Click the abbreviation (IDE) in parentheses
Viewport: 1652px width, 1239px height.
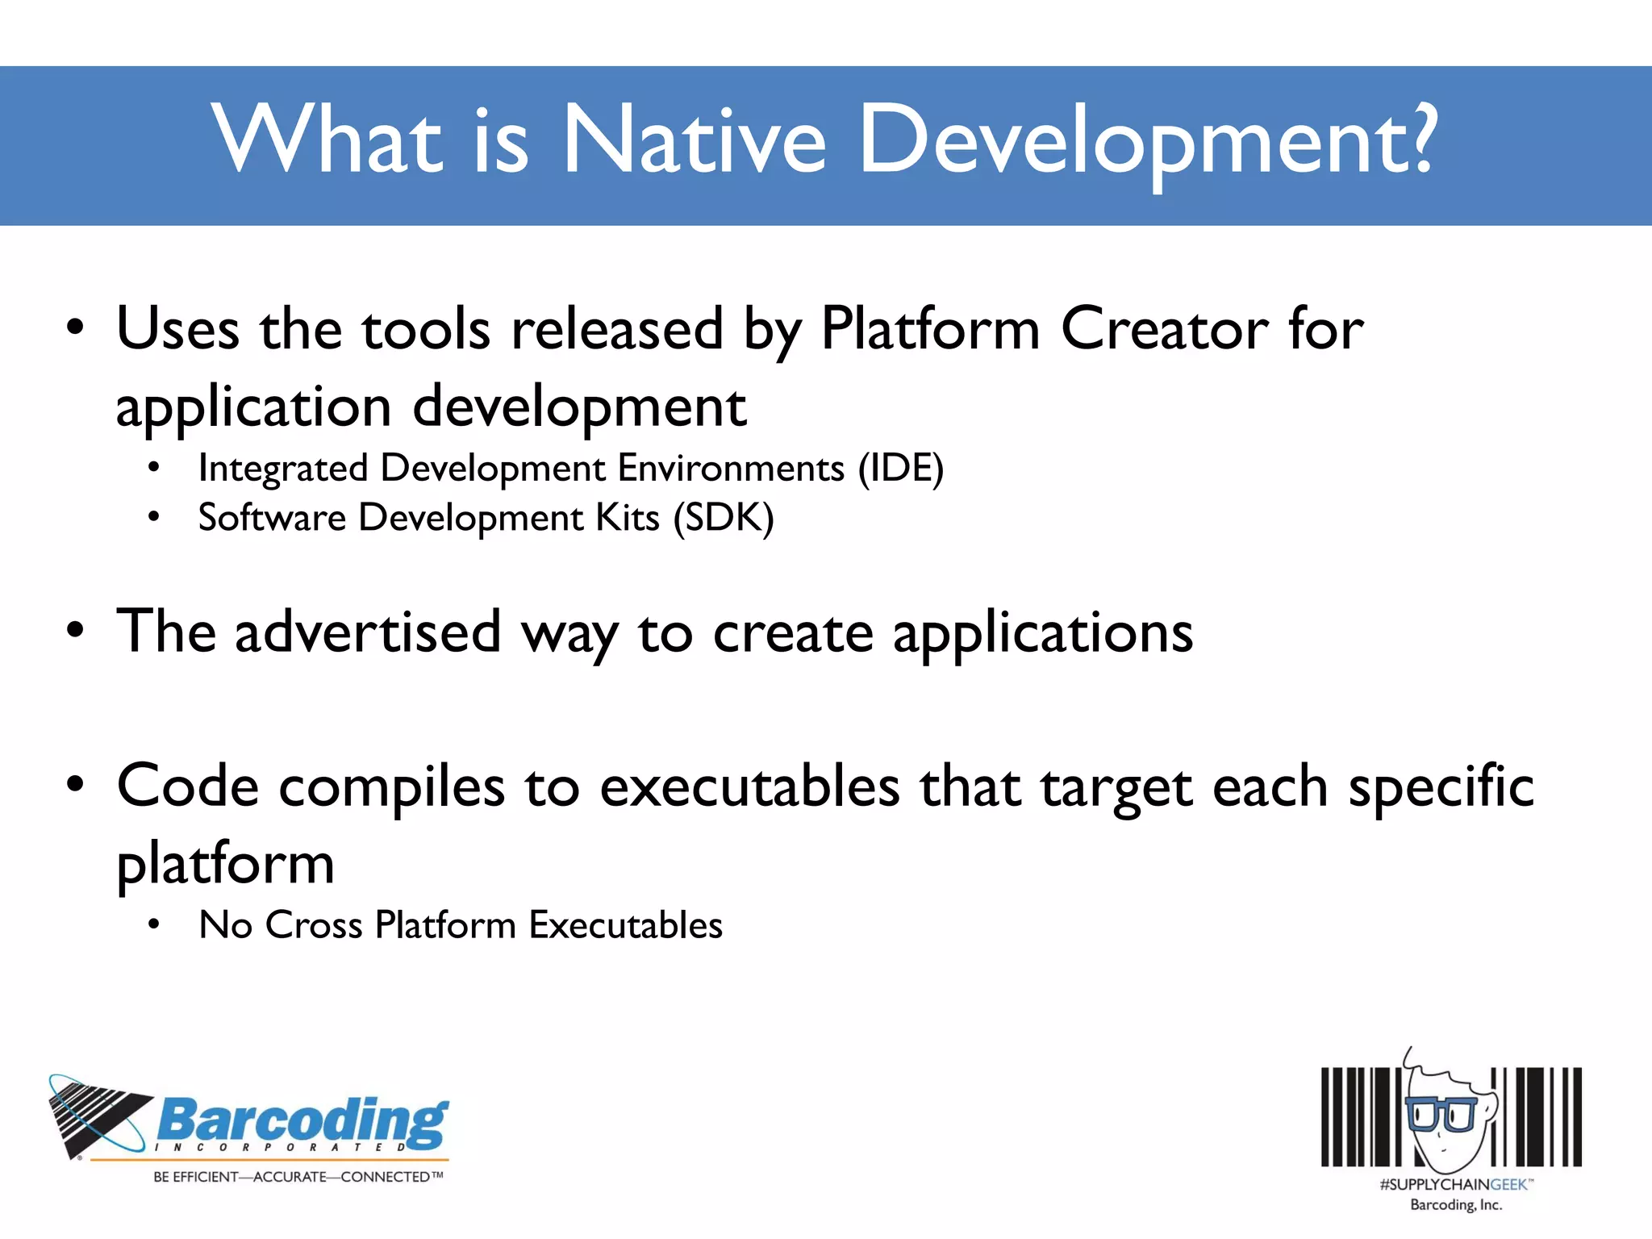click(x=900, y=469)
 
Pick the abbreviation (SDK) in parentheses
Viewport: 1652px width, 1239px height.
click(x=724, y=518)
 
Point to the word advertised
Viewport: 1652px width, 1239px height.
click(x=368, y=632)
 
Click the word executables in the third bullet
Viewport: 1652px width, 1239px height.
click(x=749, y=786)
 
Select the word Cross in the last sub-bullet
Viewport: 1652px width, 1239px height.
click(x=314, y=925)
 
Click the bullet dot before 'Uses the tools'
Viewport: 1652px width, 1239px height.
click(x=75, y=328)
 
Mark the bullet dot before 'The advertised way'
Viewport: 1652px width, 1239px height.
click(x=75, y=632)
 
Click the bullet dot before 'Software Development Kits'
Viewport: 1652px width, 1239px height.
click(x=154, y=517)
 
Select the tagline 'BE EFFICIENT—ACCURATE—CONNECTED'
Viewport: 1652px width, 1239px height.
click(x=298, y=1177)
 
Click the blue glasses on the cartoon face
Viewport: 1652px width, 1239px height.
click(x=1441, y=1114)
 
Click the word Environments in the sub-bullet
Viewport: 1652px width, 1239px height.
click(x=731, y=469)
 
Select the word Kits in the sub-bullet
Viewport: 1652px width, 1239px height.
click(x=628, y=518)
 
